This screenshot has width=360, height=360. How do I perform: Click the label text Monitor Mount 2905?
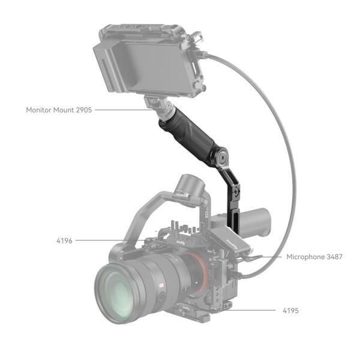click(59, 110)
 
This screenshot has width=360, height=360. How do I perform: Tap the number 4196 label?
click(64, 241)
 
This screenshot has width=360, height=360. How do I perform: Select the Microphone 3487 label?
click(314, 257)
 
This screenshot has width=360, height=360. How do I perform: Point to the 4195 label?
click(290, 311)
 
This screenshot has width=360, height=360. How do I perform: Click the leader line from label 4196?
click(108, 241)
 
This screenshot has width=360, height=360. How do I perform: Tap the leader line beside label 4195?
click(252, 310)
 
